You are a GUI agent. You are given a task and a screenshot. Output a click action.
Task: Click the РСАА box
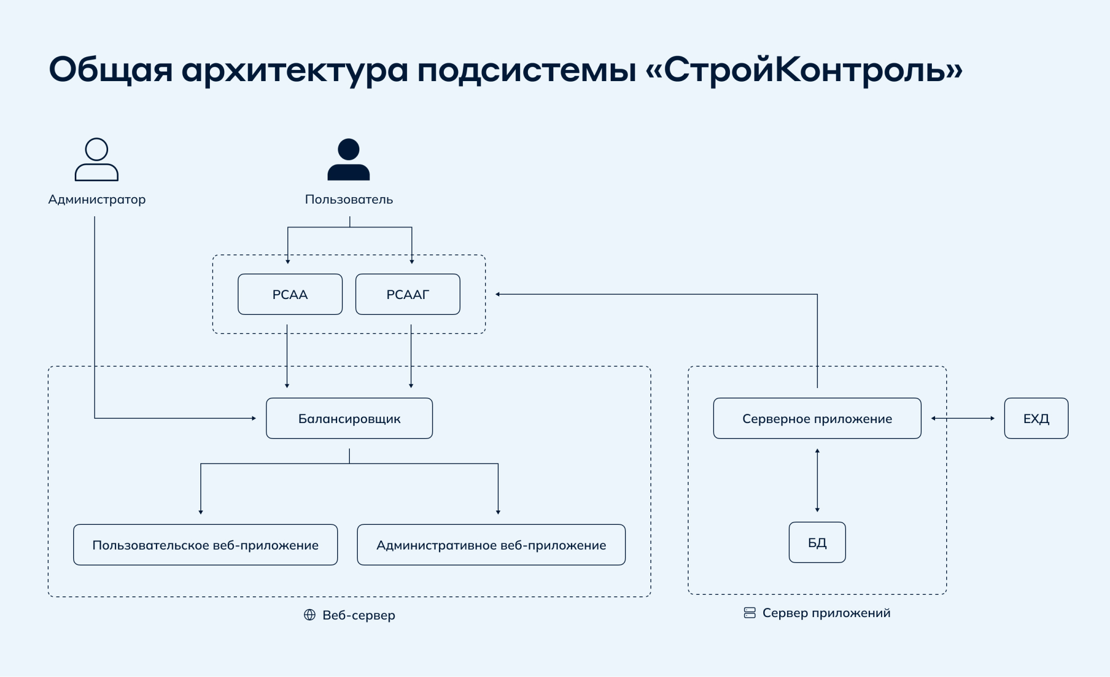(x=290, y=294)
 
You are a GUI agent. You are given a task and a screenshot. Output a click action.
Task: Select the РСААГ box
(x=408, y=294)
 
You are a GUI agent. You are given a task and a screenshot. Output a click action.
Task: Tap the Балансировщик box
(x=349, y=418)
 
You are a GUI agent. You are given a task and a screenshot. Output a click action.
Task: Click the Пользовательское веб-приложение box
(x=205, y=545)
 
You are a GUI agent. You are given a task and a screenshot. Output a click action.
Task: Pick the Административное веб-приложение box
(x=491, y=545)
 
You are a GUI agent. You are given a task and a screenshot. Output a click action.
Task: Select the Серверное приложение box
(x=817, y=418)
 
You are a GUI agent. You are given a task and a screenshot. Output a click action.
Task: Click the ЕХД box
(x=1036, y=418)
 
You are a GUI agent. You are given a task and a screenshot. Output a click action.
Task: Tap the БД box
(x=817, y=542)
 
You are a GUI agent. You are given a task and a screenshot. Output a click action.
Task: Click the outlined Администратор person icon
(x=96, y=159)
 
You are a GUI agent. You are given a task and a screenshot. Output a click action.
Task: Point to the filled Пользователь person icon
(x=348, y=159)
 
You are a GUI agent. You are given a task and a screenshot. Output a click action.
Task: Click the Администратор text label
(x=97, y=199)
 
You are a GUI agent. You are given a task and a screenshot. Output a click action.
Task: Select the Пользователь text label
(x=349, y=199)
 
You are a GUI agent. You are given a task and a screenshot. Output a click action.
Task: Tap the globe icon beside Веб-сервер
(x=310, y=614)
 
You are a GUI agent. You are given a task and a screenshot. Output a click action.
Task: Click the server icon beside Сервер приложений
(x=750, y=613)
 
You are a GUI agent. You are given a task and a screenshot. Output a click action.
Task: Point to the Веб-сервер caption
(x=359, y=615)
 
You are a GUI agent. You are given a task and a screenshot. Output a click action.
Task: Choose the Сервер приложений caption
(x=826, y=613)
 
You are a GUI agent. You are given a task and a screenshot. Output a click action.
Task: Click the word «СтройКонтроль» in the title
(x=804, y=70)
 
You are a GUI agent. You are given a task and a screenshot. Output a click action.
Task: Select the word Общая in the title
(x=111, y=70)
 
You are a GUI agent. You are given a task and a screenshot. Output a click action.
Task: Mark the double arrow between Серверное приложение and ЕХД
(x=963, y=418)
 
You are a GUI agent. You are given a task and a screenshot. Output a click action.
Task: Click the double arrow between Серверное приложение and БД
(x=817, y=480)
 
